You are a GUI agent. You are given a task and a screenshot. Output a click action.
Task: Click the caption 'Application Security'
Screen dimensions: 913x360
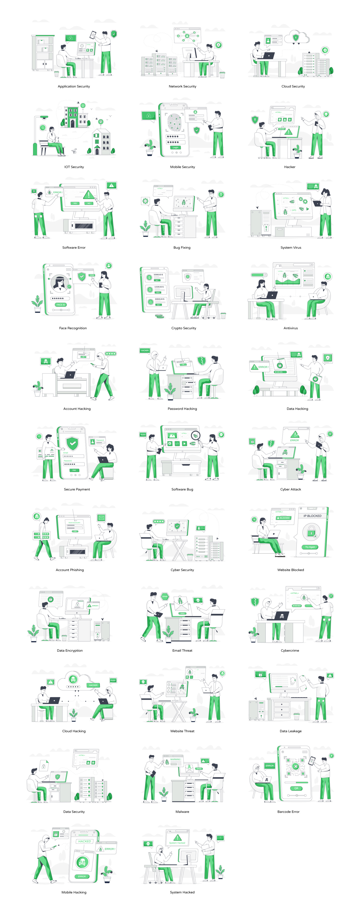pos(74,86)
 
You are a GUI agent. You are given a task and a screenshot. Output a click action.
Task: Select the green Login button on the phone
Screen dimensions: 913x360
pos(175,147)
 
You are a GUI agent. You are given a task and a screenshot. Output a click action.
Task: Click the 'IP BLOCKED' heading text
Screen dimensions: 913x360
pos(312,516)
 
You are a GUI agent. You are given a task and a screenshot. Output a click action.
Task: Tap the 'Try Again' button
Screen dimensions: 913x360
pos(310,547)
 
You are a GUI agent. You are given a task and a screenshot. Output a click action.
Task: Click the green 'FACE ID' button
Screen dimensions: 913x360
pos(61,304)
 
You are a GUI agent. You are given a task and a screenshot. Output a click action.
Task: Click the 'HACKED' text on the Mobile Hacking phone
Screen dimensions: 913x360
pos(84,841)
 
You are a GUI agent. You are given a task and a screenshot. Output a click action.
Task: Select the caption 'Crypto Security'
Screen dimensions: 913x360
pos(184,328)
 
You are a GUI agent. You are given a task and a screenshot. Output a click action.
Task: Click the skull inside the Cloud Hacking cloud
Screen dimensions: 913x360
pos(73,679)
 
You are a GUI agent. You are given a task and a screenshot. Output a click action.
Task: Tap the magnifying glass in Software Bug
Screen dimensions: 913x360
pos(196,436)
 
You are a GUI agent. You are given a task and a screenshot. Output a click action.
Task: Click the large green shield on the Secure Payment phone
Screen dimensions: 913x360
pos(72,443)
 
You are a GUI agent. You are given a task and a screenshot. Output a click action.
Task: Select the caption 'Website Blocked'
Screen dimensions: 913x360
pos(290,570)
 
